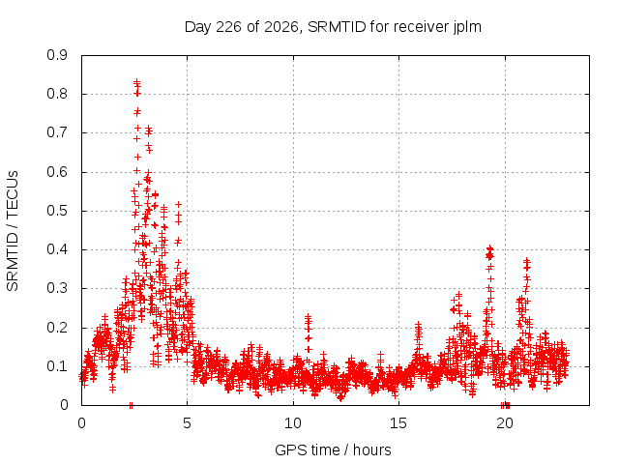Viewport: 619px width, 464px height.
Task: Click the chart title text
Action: (x=333, y=27)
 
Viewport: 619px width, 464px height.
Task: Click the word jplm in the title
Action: (x=467, y=27)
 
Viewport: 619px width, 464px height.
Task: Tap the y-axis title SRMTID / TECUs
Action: (x=13, y=231)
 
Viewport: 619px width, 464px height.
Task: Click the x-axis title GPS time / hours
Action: (x=333, y=449)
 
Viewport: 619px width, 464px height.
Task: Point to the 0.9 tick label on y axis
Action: (x=57, y=55)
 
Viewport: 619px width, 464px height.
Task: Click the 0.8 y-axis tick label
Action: (x=57, y=95)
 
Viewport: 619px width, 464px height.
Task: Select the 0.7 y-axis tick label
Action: (x=57, y=133)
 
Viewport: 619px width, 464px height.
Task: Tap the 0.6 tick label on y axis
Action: (x=57, y=172)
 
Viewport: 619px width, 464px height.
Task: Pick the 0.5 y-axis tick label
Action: (x=57, y=211)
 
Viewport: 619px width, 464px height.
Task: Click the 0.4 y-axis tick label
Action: (x=57, y=249)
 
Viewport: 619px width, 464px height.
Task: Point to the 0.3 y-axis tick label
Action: (x=57, y=288)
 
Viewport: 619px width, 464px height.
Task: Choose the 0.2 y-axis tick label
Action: (x=57, y=328)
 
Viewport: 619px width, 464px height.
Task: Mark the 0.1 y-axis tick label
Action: (x=57, y=366)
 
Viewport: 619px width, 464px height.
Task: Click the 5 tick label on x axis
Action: (x=187, y=423)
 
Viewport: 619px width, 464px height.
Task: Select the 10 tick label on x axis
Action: (x=293, y=423)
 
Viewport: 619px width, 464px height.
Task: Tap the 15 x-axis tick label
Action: (x=398, y=423)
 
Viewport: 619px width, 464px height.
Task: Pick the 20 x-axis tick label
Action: (x=505, y=423)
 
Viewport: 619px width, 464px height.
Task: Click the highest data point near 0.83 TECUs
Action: (x=136, y=82)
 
